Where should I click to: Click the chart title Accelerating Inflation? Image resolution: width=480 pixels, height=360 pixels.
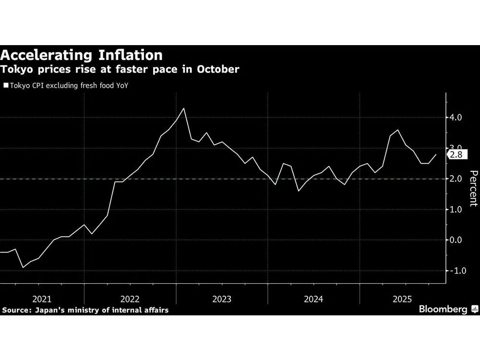pos(81,54)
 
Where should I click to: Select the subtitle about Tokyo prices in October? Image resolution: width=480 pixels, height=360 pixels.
pos(120,69)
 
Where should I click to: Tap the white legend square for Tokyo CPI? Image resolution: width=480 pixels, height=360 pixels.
pos(5,86)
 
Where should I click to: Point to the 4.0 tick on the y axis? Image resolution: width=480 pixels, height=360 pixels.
pos(456,118)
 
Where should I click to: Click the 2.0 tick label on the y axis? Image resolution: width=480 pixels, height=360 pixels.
pos(456,179)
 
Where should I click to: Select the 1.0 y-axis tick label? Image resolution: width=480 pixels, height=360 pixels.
pos(456,210)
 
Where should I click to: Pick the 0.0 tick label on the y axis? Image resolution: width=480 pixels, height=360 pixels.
pos(456,240)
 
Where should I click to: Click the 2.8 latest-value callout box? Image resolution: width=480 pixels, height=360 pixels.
pos(456,155)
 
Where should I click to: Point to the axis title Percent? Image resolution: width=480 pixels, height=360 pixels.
pos(473,188)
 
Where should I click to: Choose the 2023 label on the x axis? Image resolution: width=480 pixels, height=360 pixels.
pos(221,299)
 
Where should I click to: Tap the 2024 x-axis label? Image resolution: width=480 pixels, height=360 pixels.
pos(313,299)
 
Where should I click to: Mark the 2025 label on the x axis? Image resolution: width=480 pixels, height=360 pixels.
pos(402,299)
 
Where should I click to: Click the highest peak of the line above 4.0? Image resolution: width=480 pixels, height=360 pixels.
pos(184,108)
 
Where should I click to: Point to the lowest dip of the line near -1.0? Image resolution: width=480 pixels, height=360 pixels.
pos(23,267)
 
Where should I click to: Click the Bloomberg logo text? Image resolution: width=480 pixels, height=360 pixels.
pos(443,310)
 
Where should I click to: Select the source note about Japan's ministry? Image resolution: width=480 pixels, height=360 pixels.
pos(85,311)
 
